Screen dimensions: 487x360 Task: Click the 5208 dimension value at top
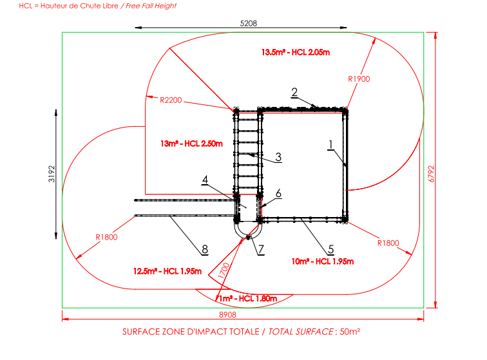point(249,23)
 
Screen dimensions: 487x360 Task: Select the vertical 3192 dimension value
point(52,174)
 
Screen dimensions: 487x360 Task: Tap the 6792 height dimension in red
point(431,174)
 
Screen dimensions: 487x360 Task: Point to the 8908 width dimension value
point(227,315)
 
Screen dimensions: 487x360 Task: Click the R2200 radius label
point(171,100)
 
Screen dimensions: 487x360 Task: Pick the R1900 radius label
point(359,79)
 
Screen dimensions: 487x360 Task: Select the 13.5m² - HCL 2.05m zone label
point(296,52)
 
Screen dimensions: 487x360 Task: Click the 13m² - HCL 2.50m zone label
point(191,144)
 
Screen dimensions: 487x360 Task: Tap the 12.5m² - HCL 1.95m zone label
point(167,271)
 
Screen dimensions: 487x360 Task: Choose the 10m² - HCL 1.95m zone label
point(323,261)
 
